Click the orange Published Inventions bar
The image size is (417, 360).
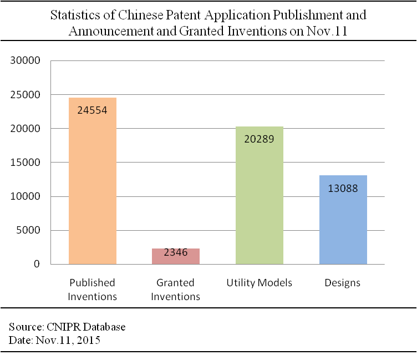[93, 181]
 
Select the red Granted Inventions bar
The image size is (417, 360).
[176, 256]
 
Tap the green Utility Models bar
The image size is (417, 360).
[260, 195]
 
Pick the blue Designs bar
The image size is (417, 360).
[343, 220]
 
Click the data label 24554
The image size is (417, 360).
[92, 110]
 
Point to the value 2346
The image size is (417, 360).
[176, 252]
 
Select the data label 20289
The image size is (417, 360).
[260, 139]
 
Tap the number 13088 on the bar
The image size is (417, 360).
[343, 189]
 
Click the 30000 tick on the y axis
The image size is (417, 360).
[26, 60]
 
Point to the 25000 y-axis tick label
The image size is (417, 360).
[26, 95]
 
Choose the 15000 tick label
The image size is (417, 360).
[26, 163]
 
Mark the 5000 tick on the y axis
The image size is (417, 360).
[28, 230]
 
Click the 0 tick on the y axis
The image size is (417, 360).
[37, 264]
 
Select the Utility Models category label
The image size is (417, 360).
[260, 282]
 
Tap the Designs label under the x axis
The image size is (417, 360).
[343, 283]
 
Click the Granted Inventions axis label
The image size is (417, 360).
[176, 290]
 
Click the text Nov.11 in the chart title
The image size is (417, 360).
[327, 31]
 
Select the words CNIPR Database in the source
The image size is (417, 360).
[86, 327]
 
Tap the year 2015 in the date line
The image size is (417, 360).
[89, 340]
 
